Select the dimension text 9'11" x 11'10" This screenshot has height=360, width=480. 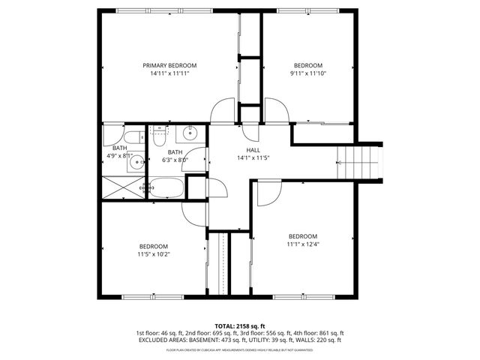point(307,73)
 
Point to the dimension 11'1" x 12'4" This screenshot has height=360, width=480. point(302,244)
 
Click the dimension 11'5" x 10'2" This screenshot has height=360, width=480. point(153,254)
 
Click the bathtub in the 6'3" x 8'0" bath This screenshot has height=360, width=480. point(165,189)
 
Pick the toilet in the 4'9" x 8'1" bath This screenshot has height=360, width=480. point(135,137)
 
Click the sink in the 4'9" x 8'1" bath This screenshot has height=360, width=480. point(136,162)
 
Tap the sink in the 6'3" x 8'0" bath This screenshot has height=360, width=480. point(188,135)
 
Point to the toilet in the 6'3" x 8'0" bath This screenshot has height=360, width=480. point(159,135)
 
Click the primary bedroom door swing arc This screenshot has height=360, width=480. point(223,112)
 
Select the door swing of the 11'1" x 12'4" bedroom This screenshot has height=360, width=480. point(267,194)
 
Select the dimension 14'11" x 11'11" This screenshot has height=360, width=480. point(169,73)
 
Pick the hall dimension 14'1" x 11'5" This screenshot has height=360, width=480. point(243,158)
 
